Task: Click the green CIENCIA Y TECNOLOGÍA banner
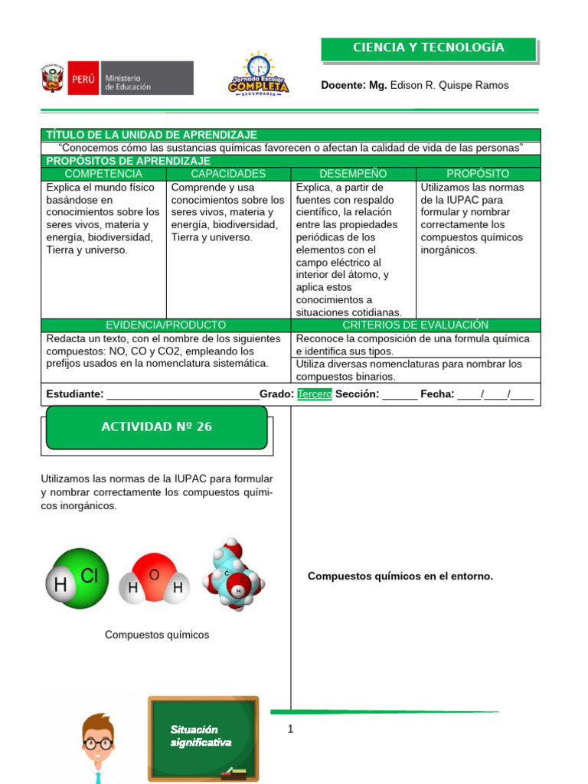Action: (429, 48)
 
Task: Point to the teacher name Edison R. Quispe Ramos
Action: (449, 85)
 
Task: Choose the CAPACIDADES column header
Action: (228, 174)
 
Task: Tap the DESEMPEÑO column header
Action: (353, 174)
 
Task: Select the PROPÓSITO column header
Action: (478, 174)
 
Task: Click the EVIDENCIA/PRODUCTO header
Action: (166, 325)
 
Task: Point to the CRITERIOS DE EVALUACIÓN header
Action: (415, 325)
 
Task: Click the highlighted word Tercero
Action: (315, 394)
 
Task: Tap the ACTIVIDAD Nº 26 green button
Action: (157, 426)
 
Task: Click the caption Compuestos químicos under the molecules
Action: (157, 635)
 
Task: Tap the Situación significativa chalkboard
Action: (203, 738)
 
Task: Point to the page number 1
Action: (291, 730)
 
